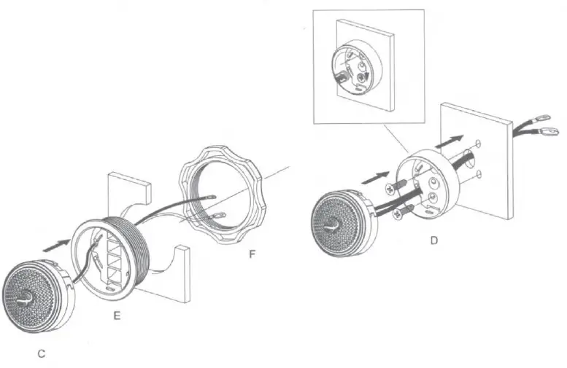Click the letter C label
click(42, 353)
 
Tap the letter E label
click(116, 316)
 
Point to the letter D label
click(434, 240)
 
